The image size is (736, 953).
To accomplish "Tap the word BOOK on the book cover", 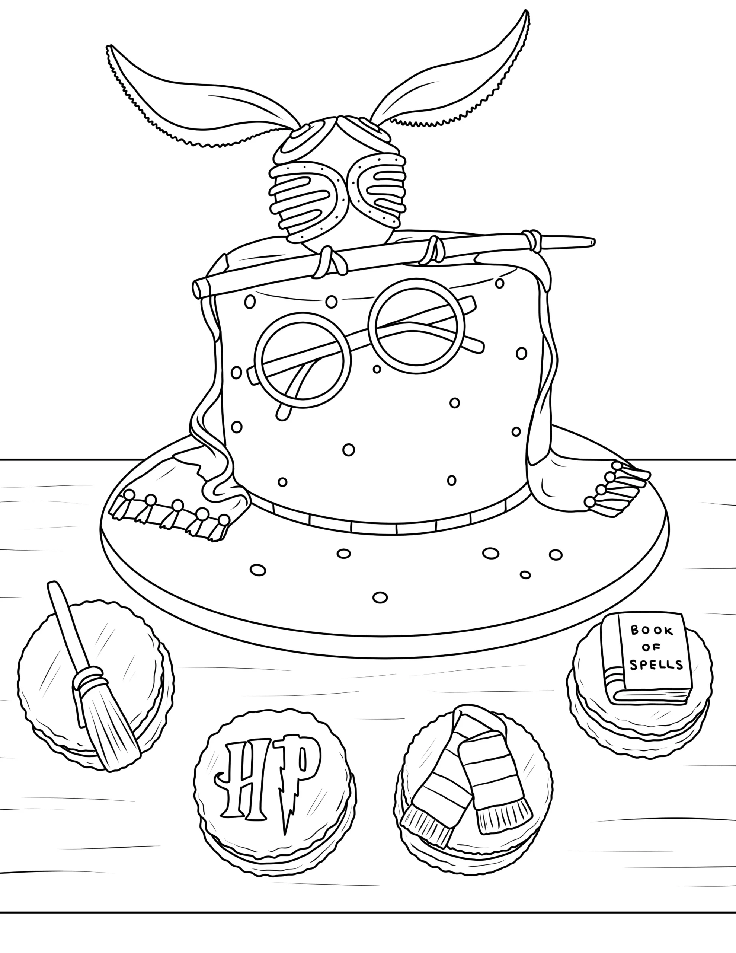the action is (x=646, y=630).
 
